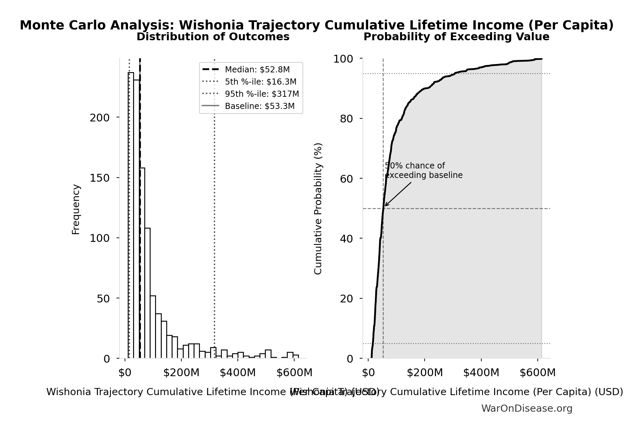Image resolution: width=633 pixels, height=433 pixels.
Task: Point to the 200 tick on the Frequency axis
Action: [100, 118]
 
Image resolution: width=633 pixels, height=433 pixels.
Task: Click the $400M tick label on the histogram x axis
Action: [237, 373]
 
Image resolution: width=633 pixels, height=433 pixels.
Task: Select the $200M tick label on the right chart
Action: [425, 373]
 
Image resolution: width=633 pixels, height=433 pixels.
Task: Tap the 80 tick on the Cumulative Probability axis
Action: [346, 119]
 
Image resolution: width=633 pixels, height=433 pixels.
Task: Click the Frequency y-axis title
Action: [76, 209]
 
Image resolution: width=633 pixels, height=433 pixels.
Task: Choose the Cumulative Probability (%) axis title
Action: [318, 208]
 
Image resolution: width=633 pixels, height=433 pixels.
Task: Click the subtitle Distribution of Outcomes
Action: [213, 37]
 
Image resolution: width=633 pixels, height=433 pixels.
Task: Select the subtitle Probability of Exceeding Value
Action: [456, 37]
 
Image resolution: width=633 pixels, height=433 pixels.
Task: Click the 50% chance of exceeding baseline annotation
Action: [423, 170]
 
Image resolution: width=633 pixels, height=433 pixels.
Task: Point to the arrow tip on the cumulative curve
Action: [385, 206]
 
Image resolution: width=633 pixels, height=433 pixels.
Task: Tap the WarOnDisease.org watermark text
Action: [527, 409]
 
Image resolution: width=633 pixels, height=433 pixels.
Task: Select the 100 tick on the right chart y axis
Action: [343, 59]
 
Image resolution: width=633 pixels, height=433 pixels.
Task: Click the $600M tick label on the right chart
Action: [537, 373]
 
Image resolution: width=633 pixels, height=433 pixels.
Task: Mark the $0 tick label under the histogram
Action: [125, 373]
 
